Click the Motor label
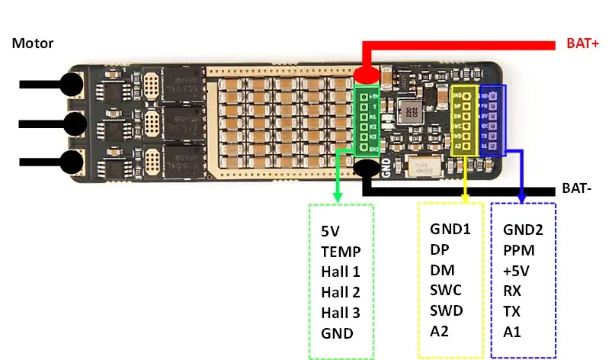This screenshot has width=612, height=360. (x=33, y=43)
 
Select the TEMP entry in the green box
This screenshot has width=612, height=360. (x=340, y=250)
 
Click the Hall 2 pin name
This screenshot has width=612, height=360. (x=340, y=291)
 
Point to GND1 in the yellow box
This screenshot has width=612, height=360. (x=450, y=229)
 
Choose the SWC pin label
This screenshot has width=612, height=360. (x=446, y=291)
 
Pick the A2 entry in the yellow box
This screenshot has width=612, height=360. (x=441, y=332)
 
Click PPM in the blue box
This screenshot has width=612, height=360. (x=519, y=249)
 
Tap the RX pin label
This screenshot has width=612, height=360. (x=512, y=291)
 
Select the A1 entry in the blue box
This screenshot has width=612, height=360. (x=512, y=332)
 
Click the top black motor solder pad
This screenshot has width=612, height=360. (x=72, y=84)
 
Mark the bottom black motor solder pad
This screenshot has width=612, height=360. (x=72, y=162)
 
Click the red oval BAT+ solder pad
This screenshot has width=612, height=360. (x=367, y=76)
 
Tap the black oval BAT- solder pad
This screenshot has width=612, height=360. (x=367, y=169)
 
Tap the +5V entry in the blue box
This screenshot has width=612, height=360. (x=517, y=270)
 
